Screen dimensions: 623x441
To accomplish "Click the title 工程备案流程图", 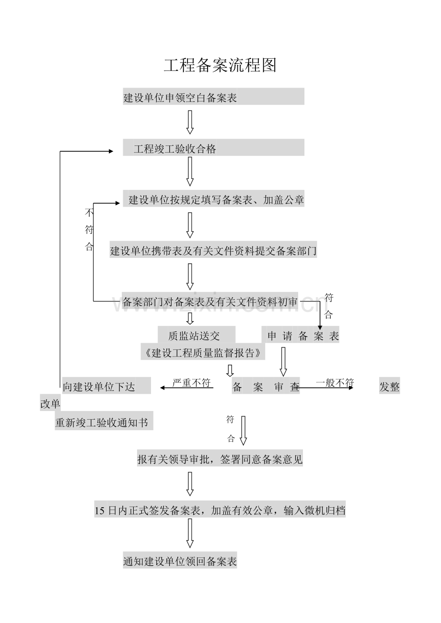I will tap(220, 66).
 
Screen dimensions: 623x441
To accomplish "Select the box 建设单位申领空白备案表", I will tap(213, 97).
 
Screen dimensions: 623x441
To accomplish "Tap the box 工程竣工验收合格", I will tap(213, 148).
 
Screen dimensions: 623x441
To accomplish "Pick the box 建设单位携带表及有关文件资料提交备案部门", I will tap(213, 250).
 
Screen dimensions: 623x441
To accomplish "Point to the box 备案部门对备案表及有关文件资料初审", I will tap(210, 301).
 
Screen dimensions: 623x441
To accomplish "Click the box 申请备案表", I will tap(303, 335).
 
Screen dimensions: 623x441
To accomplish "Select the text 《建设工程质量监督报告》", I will tap(203, 353).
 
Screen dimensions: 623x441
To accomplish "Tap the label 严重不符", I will tap(192, 383).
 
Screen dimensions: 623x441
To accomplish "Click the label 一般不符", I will tap(335, 382).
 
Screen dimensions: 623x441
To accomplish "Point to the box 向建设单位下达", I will tap(106, 386).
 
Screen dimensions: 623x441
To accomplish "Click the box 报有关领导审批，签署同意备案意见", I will tap(220, 460).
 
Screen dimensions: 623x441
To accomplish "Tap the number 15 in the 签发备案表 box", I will tap(100, 511).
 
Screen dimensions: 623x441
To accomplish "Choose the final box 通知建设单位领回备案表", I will tap(180, 561).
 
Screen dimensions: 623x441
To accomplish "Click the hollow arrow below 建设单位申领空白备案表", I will tap(190, 122).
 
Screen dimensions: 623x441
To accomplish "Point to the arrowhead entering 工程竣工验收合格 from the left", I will tap(111, 151).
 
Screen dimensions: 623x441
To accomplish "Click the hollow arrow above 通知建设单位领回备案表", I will tap(190, 533).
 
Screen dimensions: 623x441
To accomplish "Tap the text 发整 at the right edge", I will tap(389, 387).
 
